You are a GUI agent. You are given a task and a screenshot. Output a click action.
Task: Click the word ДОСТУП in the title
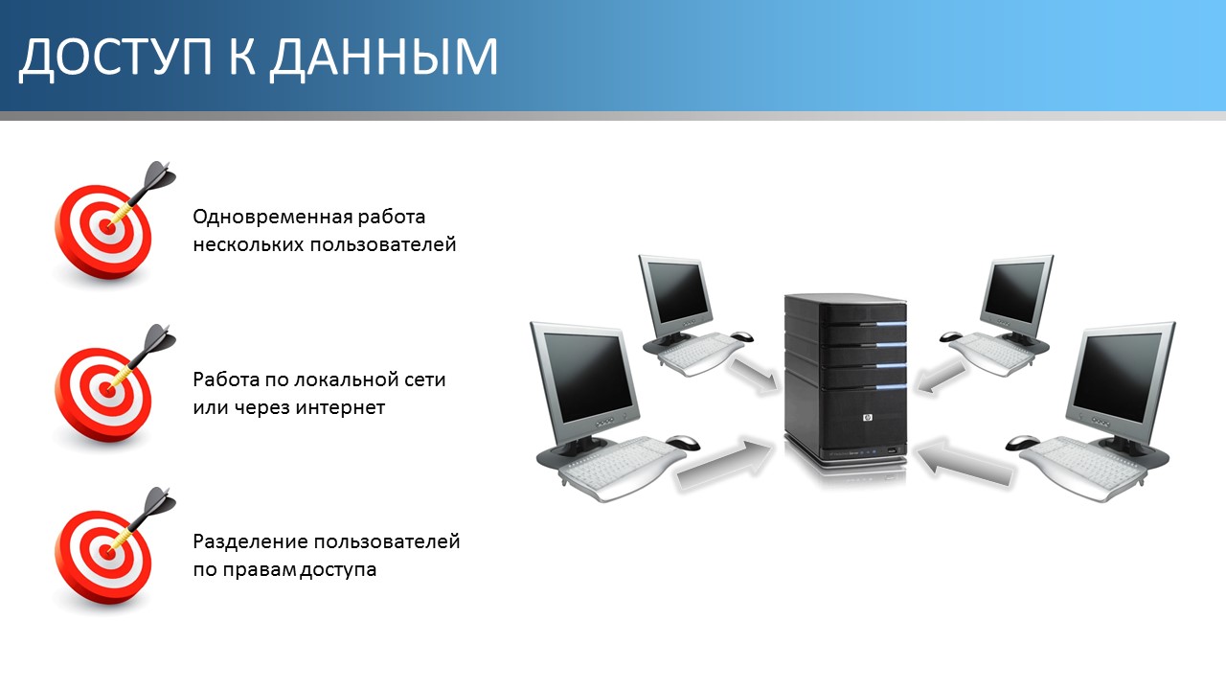(115, 57)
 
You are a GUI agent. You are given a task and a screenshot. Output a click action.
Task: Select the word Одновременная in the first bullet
(272, 217)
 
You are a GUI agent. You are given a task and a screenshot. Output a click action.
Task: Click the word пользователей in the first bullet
(382, 244)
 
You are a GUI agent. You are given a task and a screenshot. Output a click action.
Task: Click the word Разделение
(250, 542)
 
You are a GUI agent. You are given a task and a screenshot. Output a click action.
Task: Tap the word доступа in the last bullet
(338, 570)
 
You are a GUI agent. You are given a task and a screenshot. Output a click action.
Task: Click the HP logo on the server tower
(868, 419)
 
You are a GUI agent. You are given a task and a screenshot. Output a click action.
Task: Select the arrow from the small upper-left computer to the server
(753, 375)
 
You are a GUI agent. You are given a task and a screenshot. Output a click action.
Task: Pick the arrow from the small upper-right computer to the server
(941, 377)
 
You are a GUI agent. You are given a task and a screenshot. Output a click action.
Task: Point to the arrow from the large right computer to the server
(965, 462)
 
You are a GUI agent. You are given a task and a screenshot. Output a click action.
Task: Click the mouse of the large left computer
(683, 442)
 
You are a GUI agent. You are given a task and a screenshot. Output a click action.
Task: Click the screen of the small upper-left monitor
(677, 293)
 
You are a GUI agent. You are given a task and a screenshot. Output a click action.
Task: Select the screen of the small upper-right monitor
(1015, 292)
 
